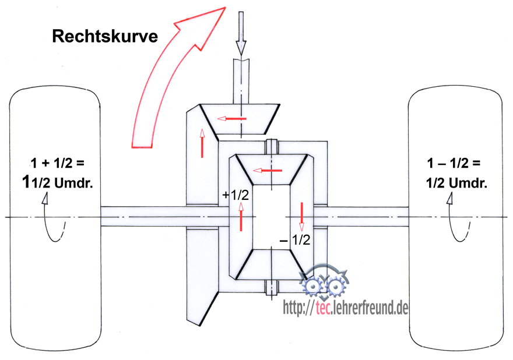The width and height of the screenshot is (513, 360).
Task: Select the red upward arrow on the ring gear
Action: [202, 143]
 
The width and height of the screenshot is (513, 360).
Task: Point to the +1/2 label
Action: [236, 196]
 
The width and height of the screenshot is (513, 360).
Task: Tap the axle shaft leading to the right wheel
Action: [367, 217]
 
